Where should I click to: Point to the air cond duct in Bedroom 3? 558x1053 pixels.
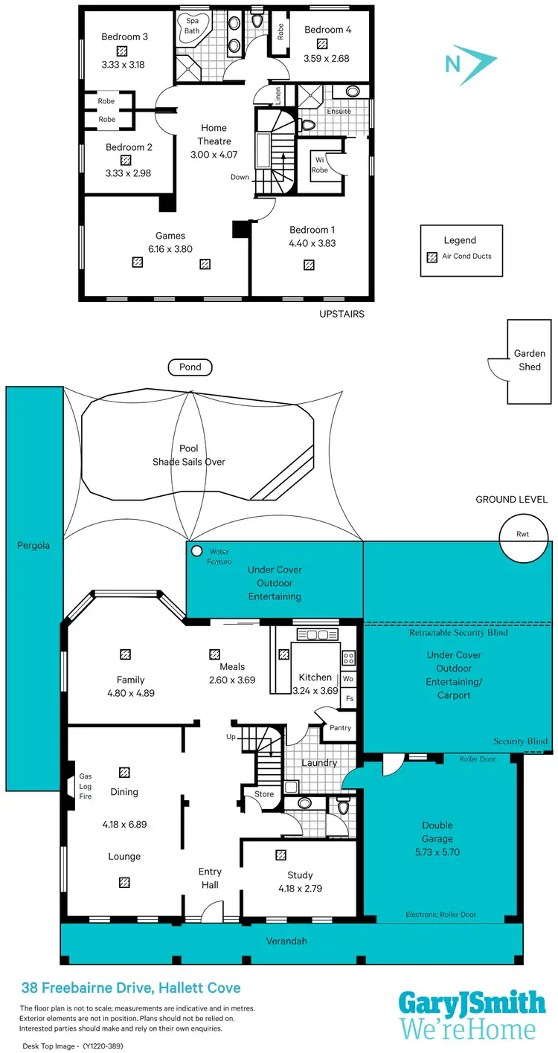click(124, 51)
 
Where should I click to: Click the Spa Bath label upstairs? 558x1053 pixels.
click(192, 25)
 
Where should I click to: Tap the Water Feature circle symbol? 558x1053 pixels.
click(196, 552)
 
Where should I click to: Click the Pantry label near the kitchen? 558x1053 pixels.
click(340, 728)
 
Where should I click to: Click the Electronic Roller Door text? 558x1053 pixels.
click(440, 914)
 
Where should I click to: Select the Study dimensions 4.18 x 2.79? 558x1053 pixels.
click(300, 888)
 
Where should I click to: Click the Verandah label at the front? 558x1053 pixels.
click(286, 941)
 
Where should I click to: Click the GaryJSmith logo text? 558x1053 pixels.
click(472, 1003)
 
